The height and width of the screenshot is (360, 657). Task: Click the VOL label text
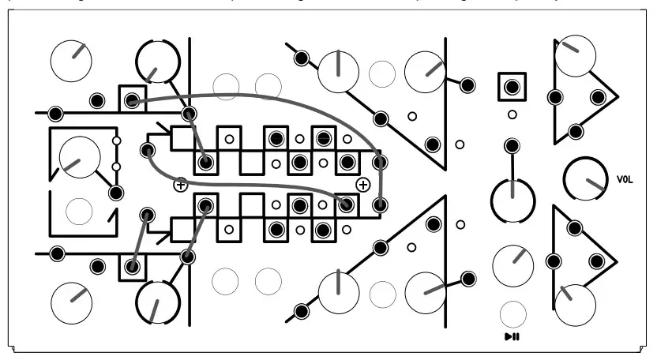click(x=625, y=180)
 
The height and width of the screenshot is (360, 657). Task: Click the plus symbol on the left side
click(x=180, y=185)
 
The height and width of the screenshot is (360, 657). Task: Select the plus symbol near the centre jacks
click(x=362, y=185)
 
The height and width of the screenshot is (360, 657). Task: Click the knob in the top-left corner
click(x=71, y=58)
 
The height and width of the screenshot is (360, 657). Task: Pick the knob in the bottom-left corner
click(x=71, y=302)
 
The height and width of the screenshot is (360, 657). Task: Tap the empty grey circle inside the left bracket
click(x=79, y=210)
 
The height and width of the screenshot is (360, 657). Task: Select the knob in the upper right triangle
click(x=575, y=56)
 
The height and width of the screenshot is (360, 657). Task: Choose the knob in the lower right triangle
click(x=575, y=303)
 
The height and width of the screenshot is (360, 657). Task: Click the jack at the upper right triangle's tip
click(x=599, y=97)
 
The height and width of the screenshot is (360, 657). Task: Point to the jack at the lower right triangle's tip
click(x=599, y=261)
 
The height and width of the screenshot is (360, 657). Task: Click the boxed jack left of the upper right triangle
click(x=512, y=86)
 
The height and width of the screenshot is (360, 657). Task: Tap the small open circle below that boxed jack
click(x=512, y=115)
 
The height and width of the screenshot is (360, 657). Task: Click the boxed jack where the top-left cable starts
click(x=132, y=99)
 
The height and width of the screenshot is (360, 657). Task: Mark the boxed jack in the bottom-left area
click(x=132, y=267)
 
